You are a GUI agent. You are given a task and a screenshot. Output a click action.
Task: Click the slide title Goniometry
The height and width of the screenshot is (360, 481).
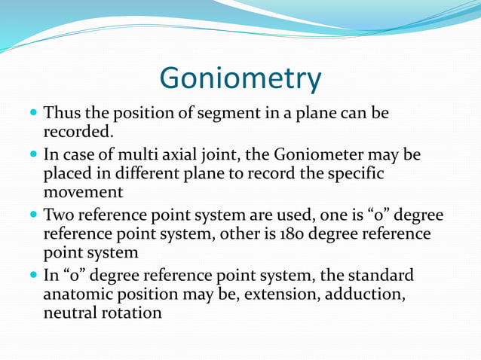click(x=240, y=78)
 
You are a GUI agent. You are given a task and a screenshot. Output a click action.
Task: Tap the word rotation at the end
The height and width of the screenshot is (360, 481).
click(x=133, y=312)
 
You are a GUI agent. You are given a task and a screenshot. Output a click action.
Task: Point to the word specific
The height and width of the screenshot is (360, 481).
click(x=356, y=174)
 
